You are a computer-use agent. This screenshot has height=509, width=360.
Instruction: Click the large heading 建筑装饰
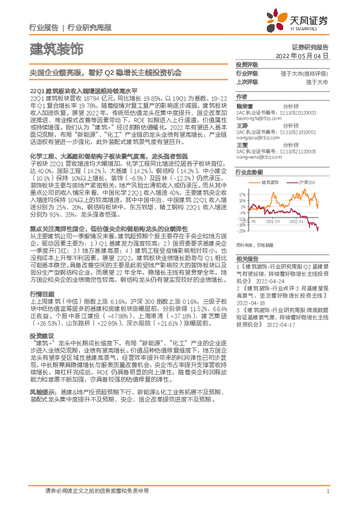pyautogui.click(x=56, y=49)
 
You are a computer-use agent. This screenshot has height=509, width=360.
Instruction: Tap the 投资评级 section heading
pyautogui.click(x=247, y=64)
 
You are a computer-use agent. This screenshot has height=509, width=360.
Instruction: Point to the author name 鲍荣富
pyautogui.click(x=244, y=105)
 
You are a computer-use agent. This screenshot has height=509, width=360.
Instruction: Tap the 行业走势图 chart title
pyautogui.click(x=249, y=173)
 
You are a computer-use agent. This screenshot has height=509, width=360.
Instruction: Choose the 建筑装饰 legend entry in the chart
pyautogui.click(x=270, y=181)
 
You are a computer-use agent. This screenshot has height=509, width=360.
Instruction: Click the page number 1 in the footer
pyautogui.click(x=327, y=491)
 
